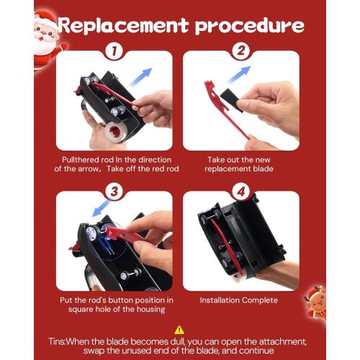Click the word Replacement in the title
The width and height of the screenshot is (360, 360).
(x=123, y=24)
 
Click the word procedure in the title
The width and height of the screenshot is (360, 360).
(x=250, y=27)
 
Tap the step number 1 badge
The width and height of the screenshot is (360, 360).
(x=114, y=51)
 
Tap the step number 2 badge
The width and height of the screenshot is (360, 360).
(x=241, y=51)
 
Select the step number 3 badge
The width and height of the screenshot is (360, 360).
(x=114, y=192)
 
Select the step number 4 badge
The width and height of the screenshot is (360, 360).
(x=241, y=192)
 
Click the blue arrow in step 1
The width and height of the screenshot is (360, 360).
(x=141, y=77)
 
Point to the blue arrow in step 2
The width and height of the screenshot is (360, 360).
(x=239, y=75)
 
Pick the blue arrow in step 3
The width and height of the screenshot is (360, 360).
(x=102, y=208)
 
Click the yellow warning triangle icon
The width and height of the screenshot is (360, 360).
(x=179, y=330)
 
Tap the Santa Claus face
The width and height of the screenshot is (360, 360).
(x=45, y=31)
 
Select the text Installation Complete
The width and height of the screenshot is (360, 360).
(x=239, y=300)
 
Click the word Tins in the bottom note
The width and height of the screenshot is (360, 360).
(x=56, y=341)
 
